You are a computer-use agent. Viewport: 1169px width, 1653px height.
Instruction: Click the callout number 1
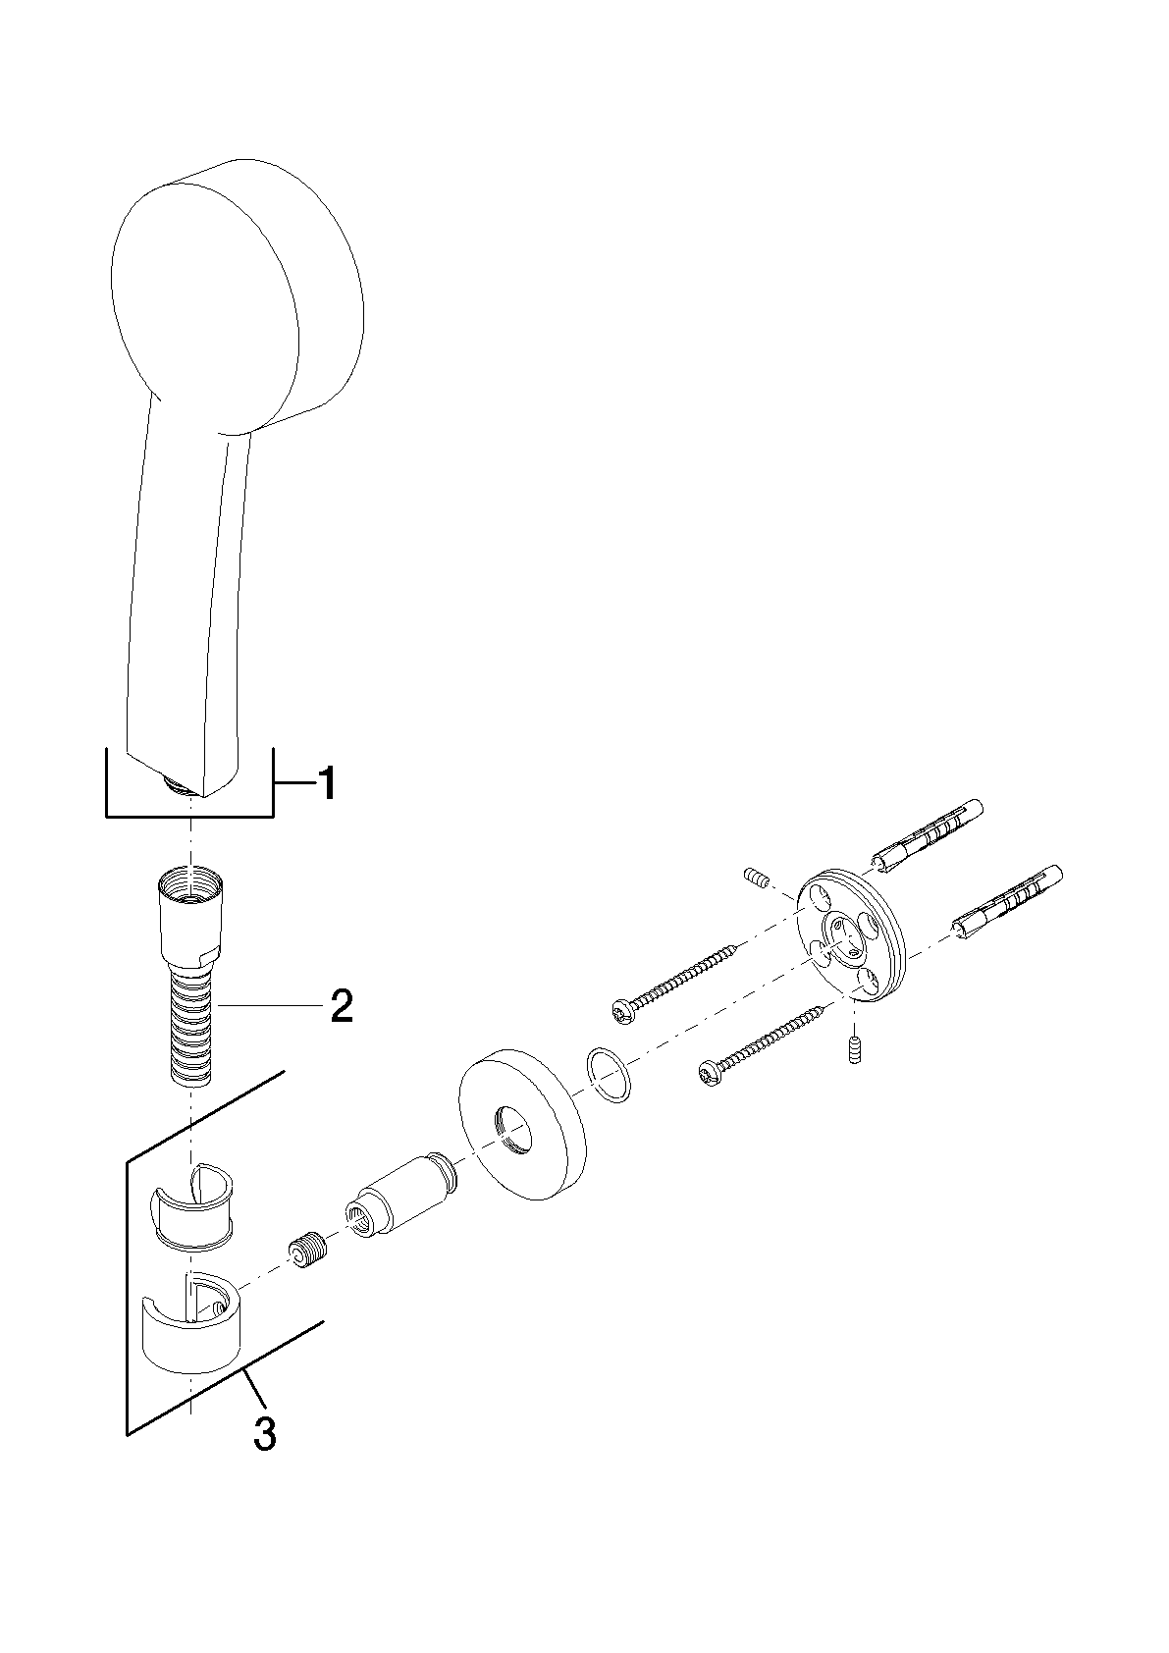326,783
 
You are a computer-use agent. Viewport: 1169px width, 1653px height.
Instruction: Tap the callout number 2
341,1006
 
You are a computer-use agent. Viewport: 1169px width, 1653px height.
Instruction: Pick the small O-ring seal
609,1075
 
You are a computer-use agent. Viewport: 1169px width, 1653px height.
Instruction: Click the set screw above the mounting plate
756,879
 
